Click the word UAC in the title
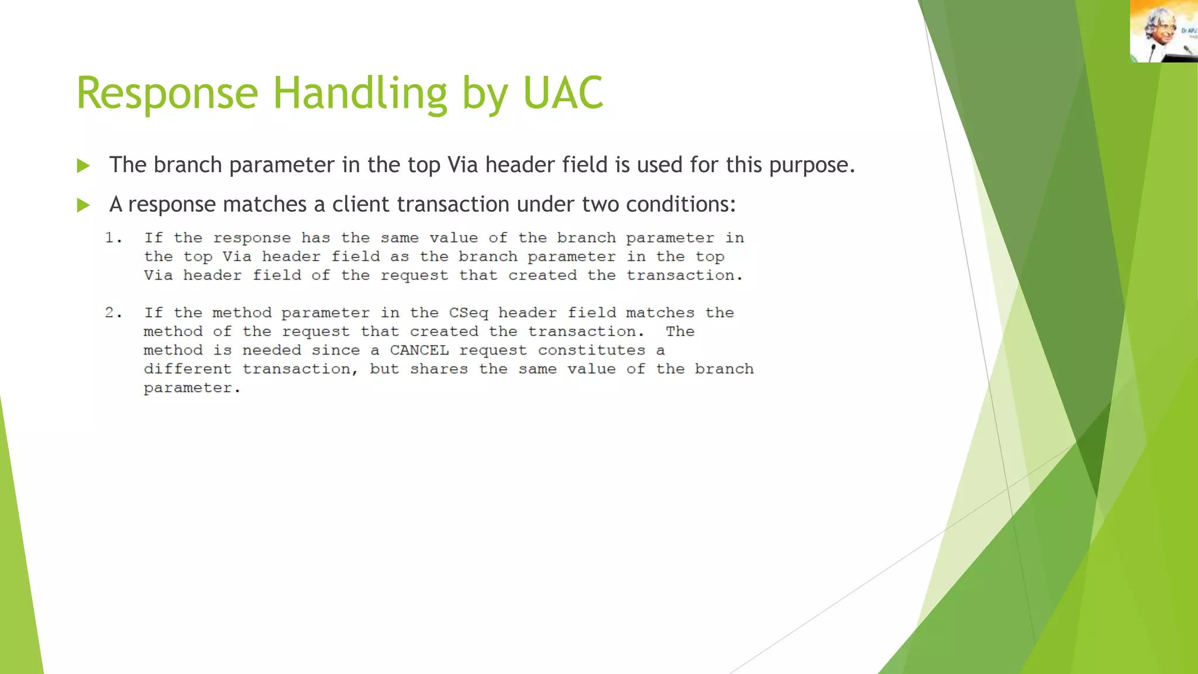[x=563, y=94]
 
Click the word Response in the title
[x=167, y=94]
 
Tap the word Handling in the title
[x=360, y=94]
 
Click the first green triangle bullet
[x=83, y=166]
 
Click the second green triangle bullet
[x=83, y=205]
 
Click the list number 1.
[x=113, y=238]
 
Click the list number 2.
[x=113, y=313]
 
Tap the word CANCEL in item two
[x=419, y=350]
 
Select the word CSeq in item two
[x=469, y=313]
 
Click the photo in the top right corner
[x=1163, y=31]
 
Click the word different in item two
[x=188, y=369]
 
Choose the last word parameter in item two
[x=191, y=388]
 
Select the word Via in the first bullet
[x=463, y=165]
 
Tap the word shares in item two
[x=439, y=369]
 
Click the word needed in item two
[x=271, y=350]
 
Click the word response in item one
[x=252, y=238]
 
